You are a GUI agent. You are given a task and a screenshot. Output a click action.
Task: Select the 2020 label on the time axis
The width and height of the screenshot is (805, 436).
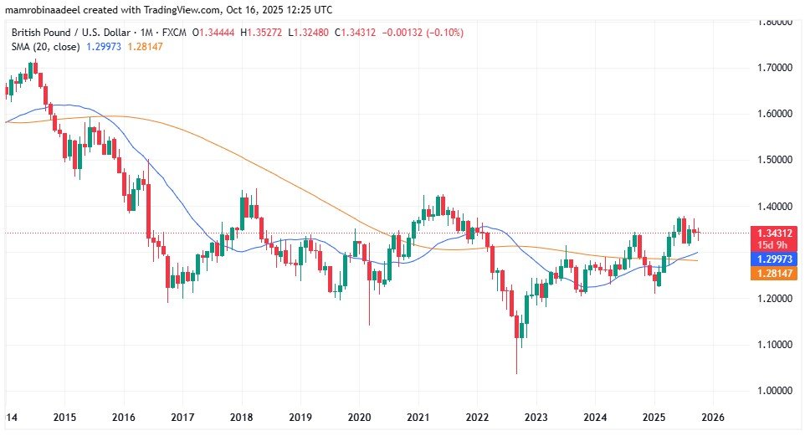click(359, 417)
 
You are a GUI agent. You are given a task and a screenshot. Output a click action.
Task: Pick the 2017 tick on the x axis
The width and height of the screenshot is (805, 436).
click(182, 417)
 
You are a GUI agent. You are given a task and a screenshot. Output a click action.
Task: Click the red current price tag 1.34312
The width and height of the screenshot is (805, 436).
click(769, 233)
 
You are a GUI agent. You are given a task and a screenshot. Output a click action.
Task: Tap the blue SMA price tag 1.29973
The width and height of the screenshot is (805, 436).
click(769, 259)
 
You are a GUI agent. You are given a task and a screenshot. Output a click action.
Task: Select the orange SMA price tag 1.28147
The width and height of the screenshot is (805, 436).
click(769, 274)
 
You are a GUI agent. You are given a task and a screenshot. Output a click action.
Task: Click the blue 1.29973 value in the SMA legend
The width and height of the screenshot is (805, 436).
click(105, 47)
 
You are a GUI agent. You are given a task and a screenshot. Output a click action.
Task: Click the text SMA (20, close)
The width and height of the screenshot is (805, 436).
click(44, 47)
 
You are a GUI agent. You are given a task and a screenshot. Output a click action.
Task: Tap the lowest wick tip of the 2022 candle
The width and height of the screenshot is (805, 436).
click(516, 373)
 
